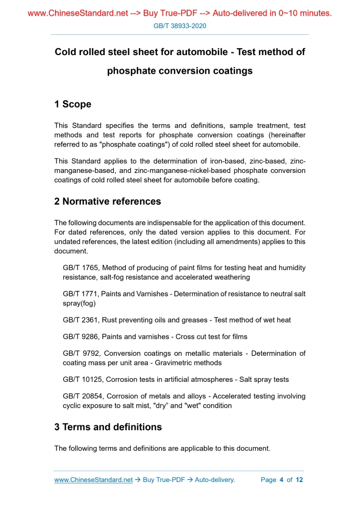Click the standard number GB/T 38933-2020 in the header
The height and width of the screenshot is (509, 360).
click(x=180, y=25)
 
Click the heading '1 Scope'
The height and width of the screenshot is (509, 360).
click(x=73, y=104)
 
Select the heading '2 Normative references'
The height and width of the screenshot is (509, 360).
click(x=108, y=202)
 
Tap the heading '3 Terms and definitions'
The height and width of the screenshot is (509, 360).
click(x=108, y=427)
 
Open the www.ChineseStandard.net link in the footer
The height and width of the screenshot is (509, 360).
click(x=94, y=480)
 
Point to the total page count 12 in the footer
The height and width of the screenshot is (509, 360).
click(x=299, y=480)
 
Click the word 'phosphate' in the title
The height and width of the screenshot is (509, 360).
click(x=131, y=71)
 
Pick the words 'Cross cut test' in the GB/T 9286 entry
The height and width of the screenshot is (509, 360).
click(x=201, y=337)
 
